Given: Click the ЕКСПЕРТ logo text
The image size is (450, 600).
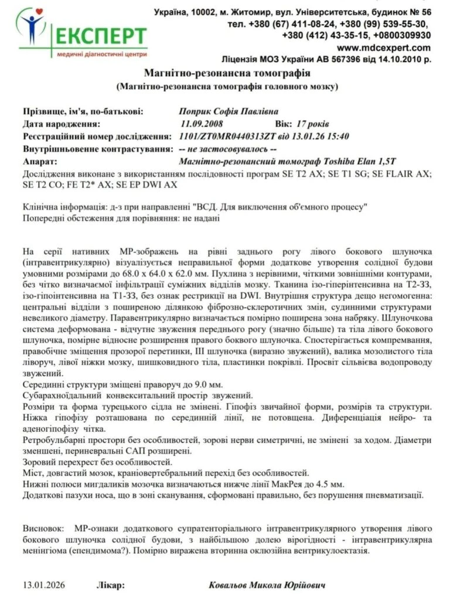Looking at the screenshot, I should pos(100,37).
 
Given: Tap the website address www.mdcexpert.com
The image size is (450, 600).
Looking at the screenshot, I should pos(384,47).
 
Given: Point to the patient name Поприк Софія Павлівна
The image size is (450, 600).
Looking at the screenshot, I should pos(228,111).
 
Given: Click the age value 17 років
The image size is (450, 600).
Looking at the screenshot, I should pos(313,124).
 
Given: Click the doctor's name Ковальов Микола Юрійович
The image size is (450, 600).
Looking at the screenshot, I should pos(267,585).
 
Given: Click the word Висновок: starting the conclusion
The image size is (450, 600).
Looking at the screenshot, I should pos(43,527).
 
